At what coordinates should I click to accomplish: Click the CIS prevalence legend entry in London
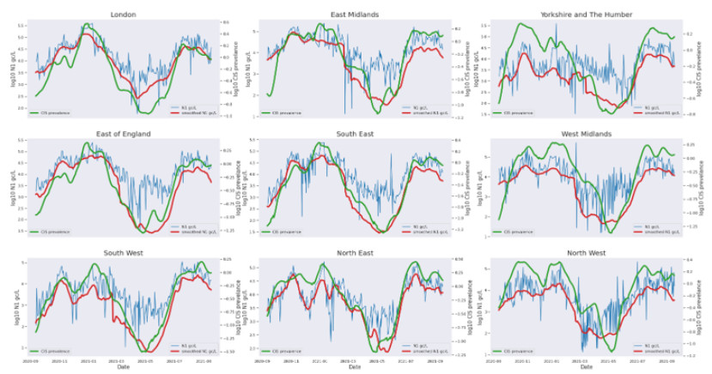(52, 112)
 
